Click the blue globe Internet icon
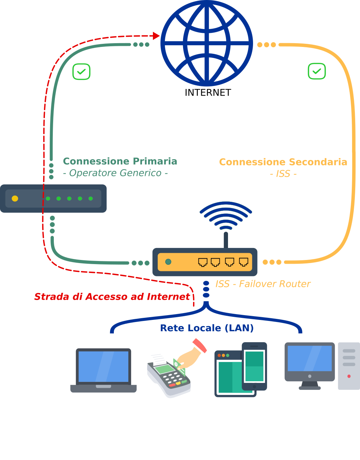click(x=207, y=43)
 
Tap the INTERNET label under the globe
click(x=208, y=92)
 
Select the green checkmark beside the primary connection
click(x=81, y=72)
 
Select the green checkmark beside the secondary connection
click(x=317, y=71)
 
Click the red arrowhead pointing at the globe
click(x=156, y=36)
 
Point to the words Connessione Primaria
click(x=120, y=161)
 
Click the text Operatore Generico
click(x=115, y=173)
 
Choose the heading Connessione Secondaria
click(x=283, y=162)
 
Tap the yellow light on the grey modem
click(x=15, y=198)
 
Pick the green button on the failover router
click(x=168, y=262)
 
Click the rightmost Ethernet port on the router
click(x=243, y=262)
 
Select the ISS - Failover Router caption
click(x=263, y=284)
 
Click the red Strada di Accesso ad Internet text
click(x=112, y=297)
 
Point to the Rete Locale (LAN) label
click(x=207, y=328)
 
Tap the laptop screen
click(x=103, y=366)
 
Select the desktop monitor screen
click(x=310, y=358)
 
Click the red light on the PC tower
click(x=349, y=376)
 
